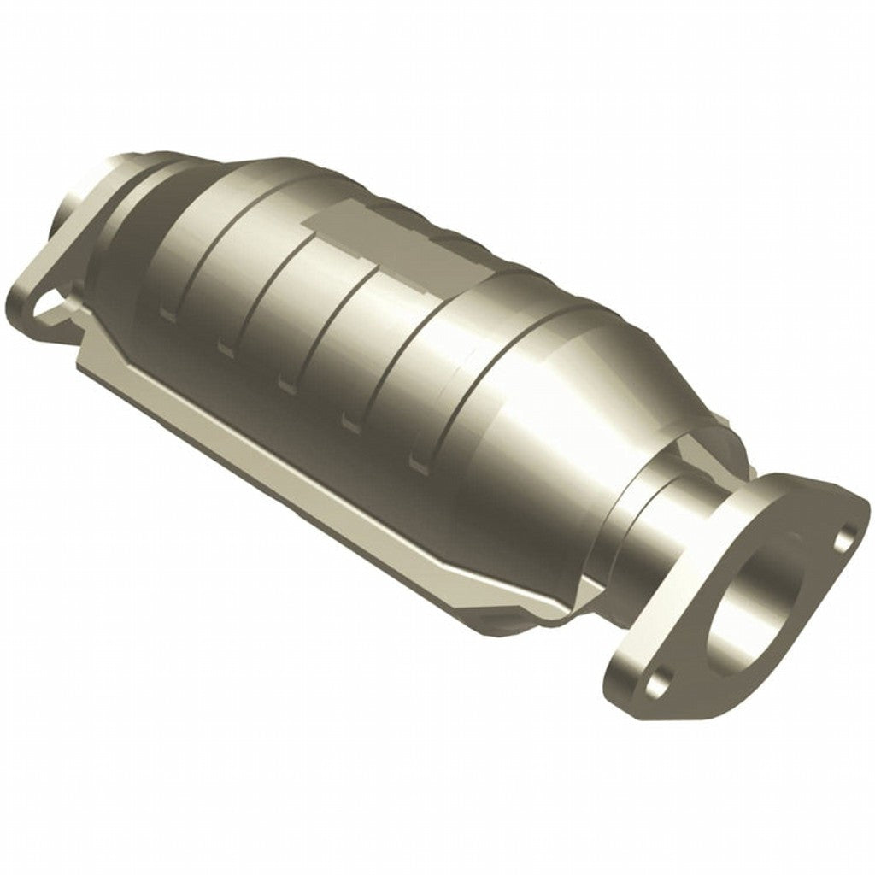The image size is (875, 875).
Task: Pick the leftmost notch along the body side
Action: [167, 314]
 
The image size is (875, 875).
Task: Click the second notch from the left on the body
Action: [226, 346]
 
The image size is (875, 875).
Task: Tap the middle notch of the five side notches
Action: [286, 381]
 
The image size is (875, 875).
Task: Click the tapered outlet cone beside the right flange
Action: [590, 410]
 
